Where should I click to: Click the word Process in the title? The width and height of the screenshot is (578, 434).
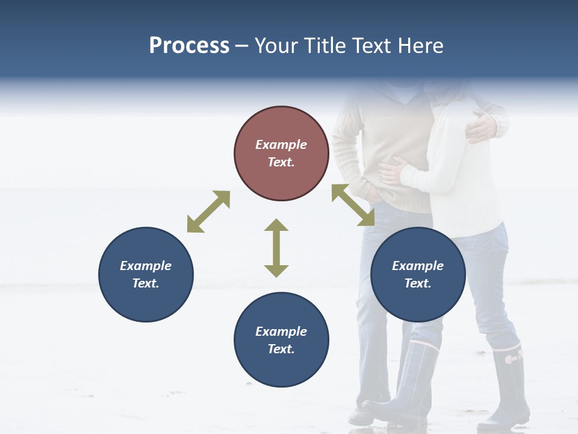click(189, 46)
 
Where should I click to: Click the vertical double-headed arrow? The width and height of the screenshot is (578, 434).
click(276, 248)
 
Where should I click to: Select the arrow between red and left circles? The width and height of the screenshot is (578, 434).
click(208, 212)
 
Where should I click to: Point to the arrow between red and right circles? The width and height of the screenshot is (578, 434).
click(353, 205)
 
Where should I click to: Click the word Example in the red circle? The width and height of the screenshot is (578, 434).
click(281, 145)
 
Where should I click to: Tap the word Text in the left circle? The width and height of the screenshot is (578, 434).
click(146, 283)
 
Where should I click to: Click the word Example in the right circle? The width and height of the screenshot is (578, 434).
click(418, 266)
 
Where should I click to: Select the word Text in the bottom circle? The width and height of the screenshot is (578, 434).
click(281, 349)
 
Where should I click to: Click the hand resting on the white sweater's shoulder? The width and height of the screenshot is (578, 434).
click(482, 125)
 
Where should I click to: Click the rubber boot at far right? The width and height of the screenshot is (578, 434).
click(506, 386)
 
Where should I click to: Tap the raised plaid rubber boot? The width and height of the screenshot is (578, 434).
click(409, 380)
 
